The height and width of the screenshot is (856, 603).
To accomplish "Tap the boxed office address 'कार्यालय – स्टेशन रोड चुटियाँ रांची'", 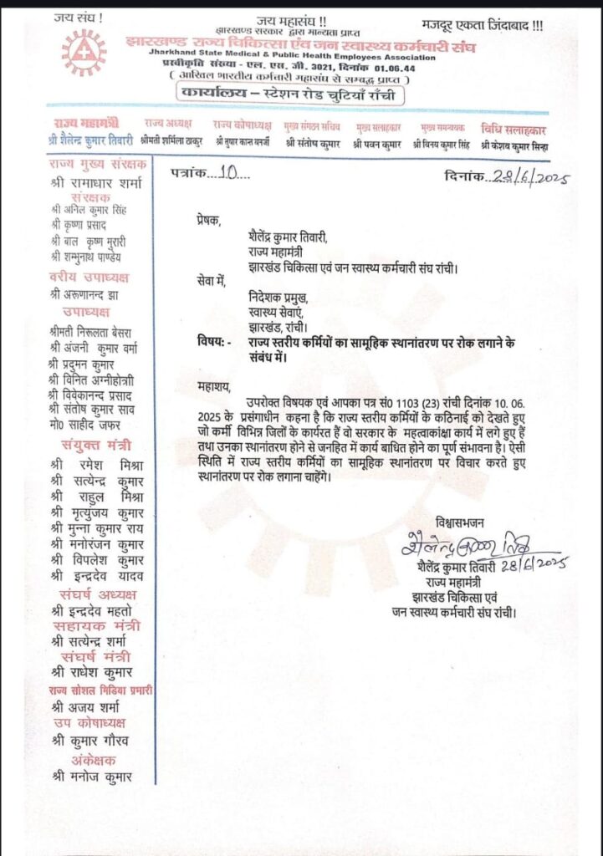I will pos(288,94).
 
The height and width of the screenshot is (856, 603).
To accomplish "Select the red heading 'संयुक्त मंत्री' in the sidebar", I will pos(91,445).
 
